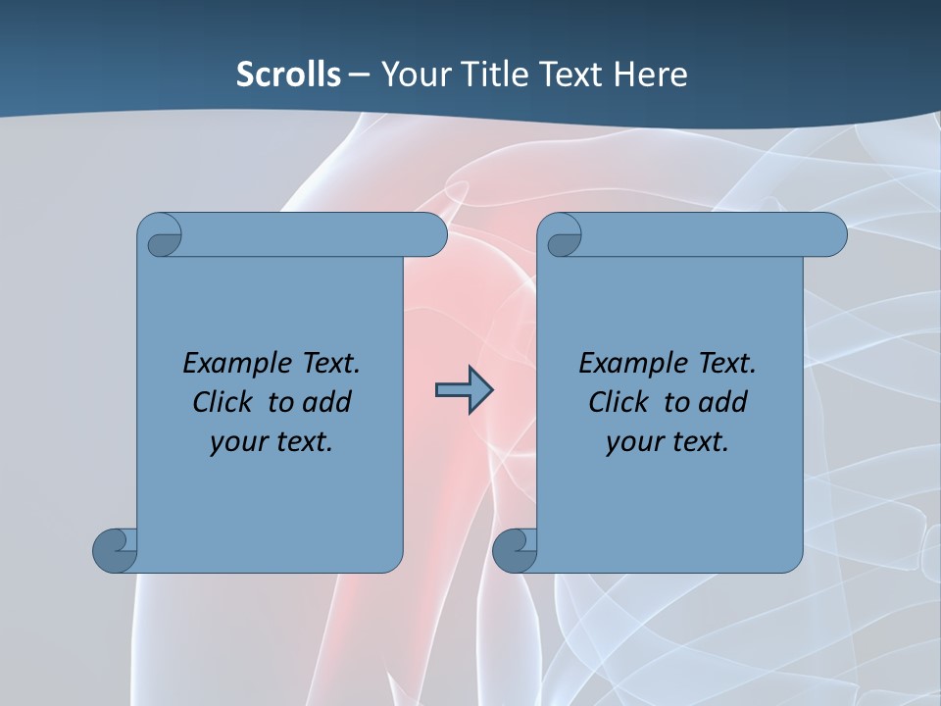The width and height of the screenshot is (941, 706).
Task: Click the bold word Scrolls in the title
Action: point(289,75)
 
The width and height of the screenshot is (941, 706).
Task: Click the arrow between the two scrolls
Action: point(464,390)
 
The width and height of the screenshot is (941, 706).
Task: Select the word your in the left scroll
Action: point(238,442)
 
